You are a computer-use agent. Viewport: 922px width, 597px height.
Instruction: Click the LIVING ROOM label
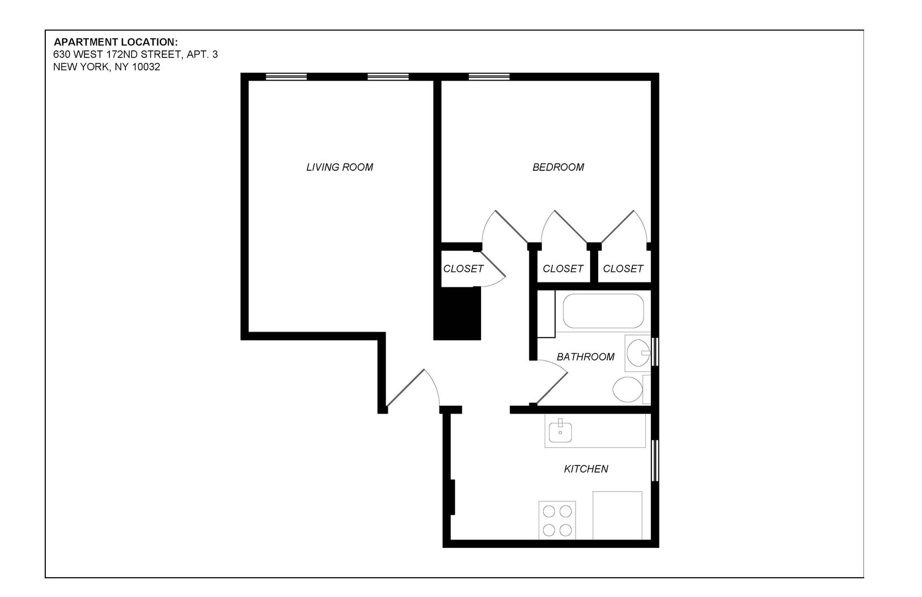pos(339,167)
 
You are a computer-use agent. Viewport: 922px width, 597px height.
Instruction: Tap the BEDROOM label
pos(558,167)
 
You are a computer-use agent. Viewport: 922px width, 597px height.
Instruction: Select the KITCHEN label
pos(586,469)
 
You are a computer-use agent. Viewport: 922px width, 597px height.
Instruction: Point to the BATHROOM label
pos(585,357)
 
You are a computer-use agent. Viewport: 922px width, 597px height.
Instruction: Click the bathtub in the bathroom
pos(603,311)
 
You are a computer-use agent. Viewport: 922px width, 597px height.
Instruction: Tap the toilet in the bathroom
pos(628,390)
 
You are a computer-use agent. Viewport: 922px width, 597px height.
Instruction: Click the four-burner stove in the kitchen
pos(557,521)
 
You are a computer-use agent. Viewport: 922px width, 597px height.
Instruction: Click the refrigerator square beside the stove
pos(617,515)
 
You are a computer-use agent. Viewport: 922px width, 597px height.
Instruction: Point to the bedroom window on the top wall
pos(489,77)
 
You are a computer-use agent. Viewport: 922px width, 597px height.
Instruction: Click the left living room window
pos(286,77)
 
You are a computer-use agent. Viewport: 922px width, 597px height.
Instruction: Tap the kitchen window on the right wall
pos(655,460)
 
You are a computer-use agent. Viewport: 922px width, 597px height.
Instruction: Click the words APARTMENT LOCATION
pos(115,42)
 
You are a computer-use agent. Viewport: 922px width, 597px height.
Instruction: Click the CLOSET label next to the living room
pos(463,269)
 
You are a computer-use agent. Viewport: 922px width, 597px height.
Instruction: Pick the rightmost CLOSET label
pos(623,269)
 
